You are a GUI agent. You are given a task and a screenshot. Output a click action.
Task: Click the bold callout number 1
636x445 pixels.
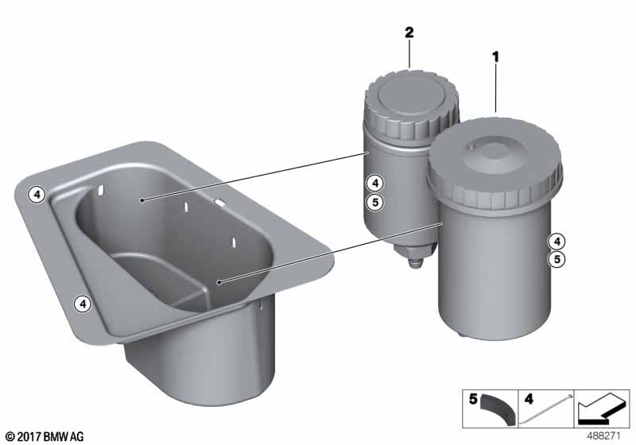[495, 57]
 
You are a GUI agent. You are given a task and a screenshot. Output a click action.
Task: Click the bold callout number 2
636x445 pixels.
[409, 33]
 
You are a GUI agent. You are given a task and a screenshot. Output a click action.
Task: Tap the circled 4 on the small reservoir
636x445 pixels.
[375, 184]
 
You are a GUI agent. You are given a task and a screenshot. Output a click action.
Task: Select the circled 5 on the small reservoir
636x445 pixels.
[375, 201]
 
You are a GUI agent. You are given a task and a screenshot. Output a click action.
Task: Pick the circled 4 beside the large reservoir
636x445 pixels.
[557, 242]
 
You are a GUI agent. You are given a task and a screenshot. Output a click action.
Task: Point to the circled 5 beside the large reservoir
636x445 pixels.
[557, 259]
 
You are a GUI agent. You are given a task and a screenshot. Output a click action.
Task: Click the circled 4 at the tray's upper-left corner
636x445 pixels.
[37, 195]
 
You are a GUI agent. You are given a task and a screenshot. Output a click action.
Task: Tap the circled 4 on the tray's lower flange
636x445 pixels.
[83, 303]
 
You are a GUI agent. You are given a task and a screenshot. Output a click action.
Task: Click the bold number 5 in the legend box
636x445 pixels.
[473, 399]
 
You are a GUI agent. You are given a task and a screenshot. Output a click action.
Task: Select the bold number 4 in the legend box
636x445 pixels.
[529, 399]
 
